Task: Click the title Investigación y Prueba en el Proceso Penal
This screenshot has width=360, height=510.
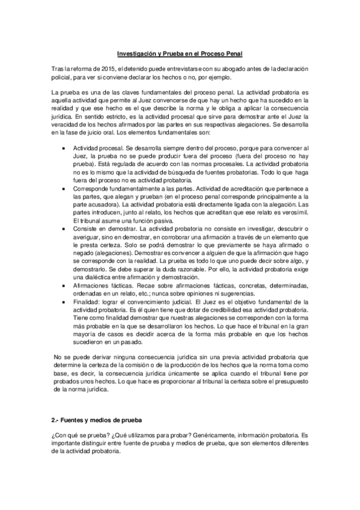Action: click(180, 53)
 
